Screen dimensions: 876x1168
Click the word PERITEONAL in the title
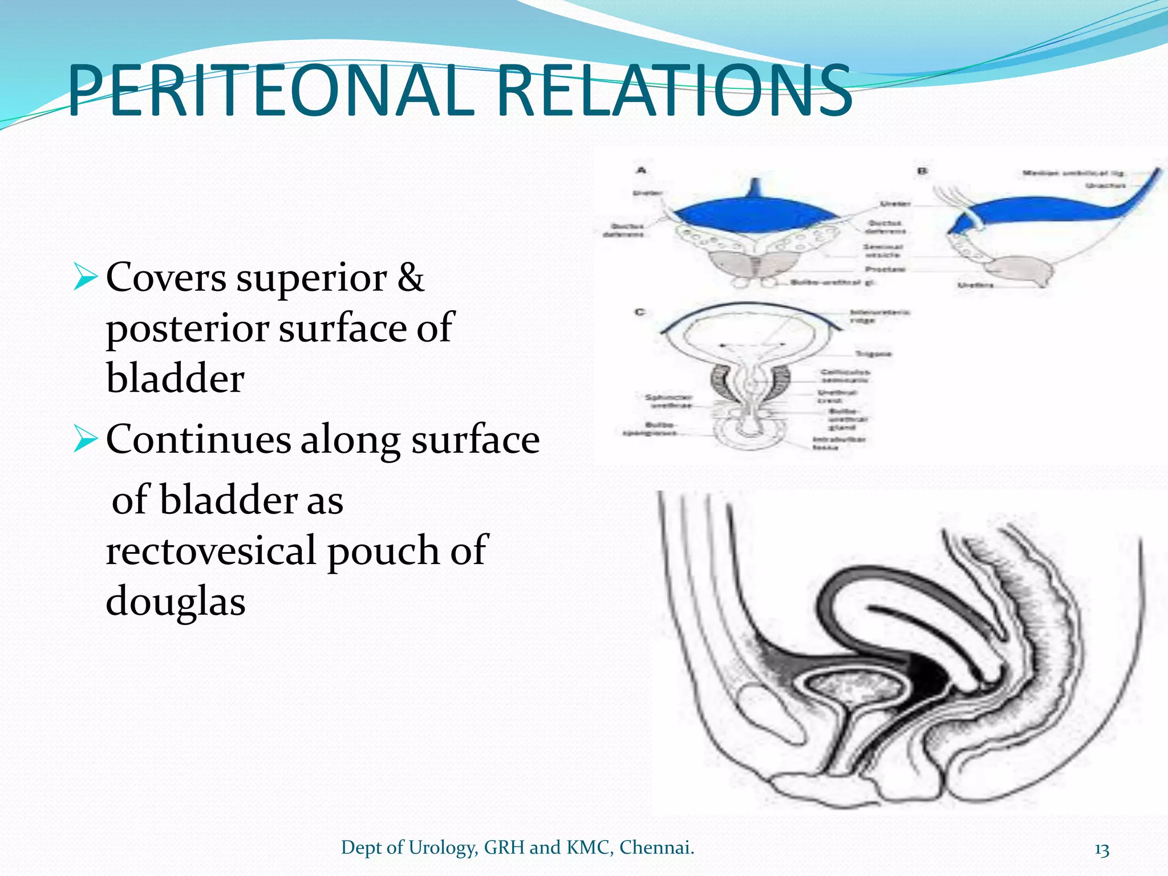(x=271, y=91)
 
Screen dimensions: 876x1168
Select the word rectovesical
(x=211, y=551)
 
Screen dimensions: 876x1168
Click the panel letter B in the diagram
(x=922, y=171)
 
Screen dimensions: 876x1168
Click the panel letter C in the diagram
(x=640, y=312)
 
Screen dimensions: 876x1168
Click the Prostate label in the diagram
(x=886, y=269)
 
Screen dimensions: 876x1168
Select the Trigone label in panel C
(x=873, y=354)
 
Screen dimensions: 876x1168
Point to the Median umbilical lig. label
(x=1073, y=173)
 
